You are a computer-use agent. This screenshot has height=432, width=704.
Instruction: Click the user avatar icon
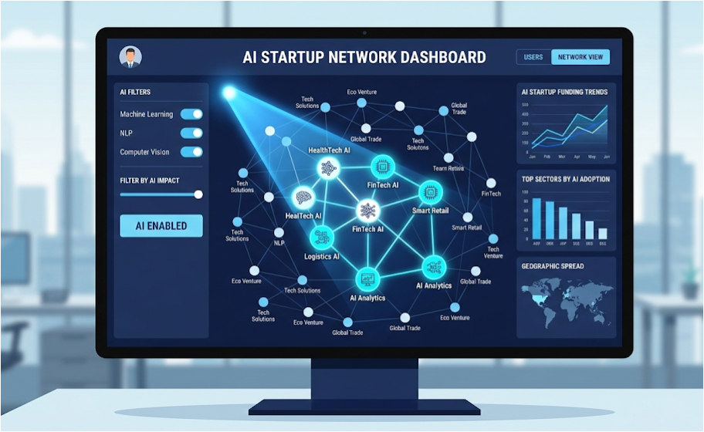click(130, 56)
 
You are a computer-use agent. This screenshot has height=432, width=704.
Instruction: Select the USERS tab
click(533, 57)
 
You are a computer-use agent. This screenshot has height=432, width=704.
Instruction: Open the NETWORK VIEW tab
click(580, 57)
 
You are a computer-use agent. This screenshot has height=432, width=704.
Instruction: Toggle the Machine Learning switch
click(191, 114)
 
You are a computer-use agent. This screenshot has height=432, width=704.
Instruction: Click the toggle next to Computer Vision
click(191, 152)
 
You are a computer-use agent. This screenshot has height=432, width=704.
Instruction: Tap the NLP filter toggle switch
click(191, 133)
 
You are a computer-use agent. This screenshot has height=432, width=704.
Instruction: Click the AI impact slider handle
click(198, 194)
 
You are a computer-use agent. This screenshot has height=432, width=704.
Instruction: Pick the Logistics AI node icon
click(321, 237)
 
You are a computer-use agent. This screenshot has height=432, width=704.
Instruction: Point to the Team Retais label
click(448, 168)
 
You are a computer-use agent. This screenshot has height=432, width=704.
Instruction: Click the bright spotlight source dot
click(229, 93)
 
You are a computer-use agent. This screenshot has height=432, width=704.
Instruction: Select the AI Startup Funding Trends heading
click(564, 92)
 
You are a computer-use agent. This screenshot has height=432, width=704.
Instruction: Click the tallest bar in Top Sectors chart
click(536, 218)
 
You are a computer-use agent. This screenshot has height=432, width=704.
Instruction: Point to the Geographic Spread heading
click(553, 266)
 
